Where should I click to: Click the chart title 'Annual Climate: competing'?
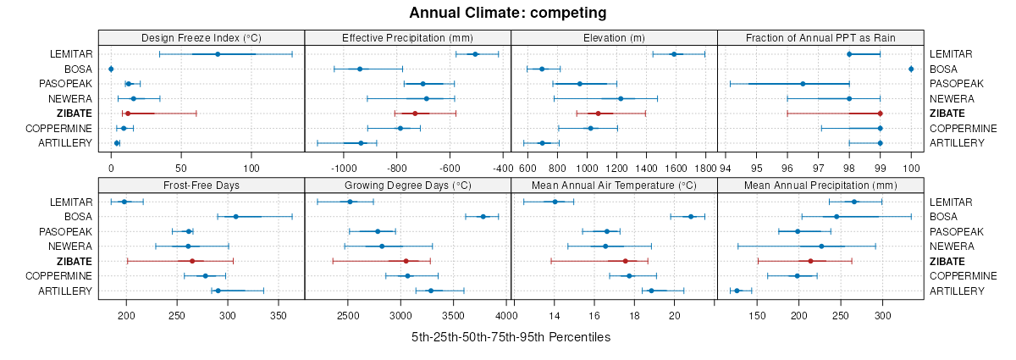tap(507, 13)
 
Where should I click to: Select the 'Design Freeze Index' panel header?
tap(202, 37)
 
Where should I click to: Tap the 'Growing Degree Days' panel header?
tap(407, 185)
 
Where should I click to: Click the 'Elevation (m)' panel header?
tap(614, 37)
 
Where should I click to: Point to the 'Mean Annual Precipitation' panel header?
tap(820, 185)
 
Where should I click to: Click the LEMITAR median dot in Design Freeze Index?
tap(218, 54)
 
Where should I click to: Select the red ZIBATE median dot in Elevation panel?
tap(598, 113)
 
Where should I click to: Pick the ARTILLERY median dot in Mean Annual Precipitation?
tap(737, 291)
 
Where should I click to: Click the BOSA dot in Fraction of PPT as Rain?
tap(911, 69)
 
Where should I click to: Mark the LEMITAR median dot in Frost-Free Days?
tap(124, 202)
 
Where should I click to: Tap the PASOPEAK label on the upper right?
tap(956, 84)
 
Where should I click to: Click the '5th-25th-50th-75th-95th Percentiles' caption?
tap(511, 337)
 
